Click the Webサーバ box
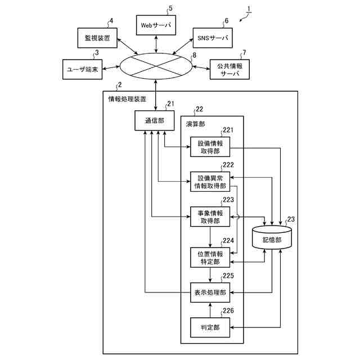click(x=156, y=25)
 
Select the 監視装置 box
click(x=97, y=38)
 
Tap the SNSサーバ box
click(x=213, y=38)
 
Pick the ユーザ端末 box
click(x=83, y=69)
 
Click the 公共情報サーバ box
click(x=229, y=69)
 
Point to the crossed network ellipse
click(x=156, y=66)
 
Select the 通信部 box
click(x=154, y=120)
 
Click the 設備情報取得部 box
click(x=210, y=147)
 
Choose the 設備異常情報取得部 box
click(x=210, y=182)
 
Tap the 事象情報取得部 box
click(x=210, y=217)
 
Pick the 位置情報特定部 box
click(x=210, y=258)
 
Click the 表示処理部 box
click(x=210, y=292)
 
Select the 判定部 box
click(x=210, y=327)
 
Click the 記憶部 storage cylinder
click(x=272, y=237)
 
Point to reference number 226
click(x=228, y=310)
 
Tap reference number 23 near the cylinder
click(x=291, y=219)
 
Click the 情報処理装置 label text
click(x=127, y=99)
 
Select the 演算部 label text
click(x=195, y=124)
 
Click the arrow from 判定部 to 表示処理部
click(x=210, y=310)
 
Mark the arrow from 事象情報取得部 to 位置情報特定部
click(x=210, y=237)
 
